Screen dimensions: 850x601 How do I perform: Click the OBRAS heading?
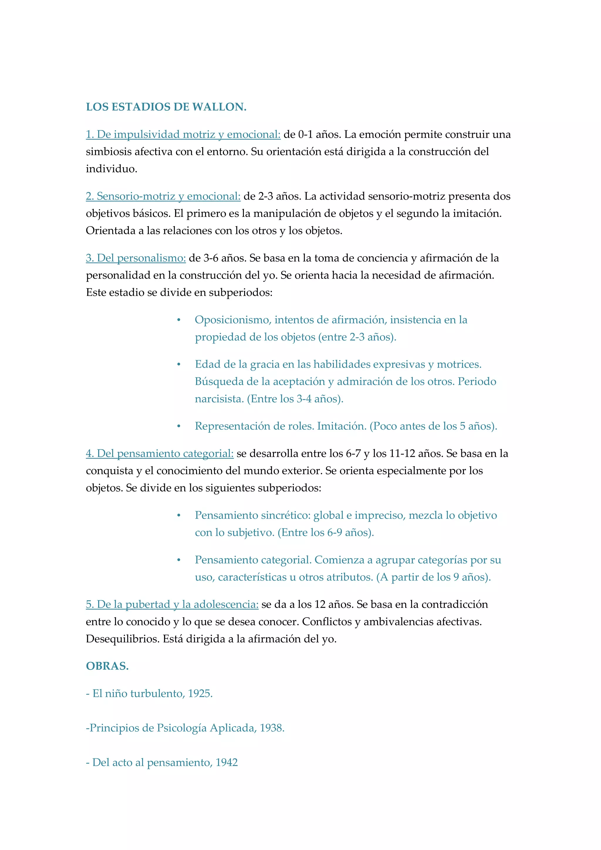pyautogui.click(x=107, y=666)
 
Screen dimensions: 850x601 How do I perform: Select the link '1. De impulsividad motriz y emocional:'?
pyautogui.click(x=183, y=134)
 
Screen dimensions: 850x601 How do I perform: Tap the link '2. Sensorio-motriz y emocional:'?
pyautogui.click(x=163, y=196)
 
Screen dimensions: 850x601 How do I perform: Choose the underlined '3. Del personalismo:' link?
pyautogui.click(x=136, y=258)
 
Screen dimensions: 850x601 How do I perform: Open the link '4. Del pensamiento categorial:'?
pyautogui.click(x=160, y=453)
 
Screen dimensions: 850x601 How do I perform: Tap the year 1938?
pyautogui.click(x=272, y=728)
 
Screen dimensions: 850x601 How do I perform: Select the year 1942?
pyautogui.click(x=227, y=762)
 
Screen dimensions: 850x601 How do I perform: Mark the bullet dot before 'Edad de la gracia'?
pyautogui.click(x=179, y=365)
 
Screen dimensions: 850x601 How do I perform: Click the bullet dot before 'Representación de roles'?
pyautogui.click(x=179, y=426)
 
